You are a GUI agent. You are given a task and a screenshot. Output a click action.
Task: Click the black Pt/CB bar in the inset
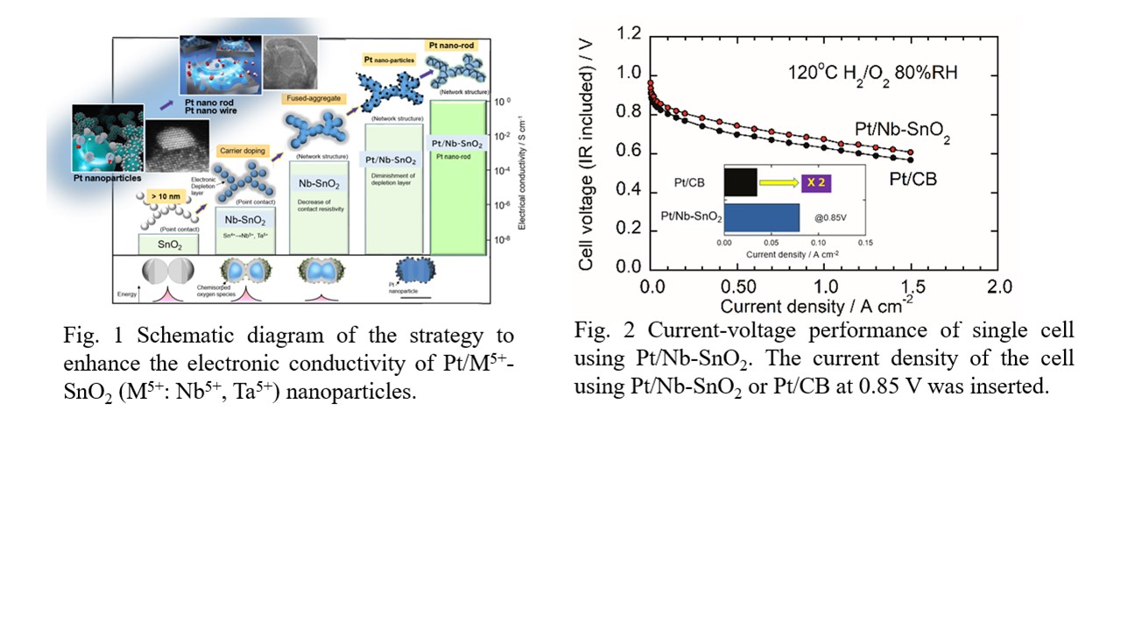pyautogui.click(x=741, y=182)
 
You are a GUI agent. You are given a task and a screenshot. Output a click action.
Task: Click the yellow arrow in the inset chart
pyautogui.click(x=779, y=182)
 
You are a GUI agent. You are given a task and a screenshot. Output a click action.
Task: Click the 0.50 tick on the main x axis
pyautogui.click(x=737, y=287)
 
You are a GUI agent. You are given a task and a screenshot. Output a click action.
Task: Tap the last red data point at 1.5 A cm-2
pyautogui.click(x=911, y=152)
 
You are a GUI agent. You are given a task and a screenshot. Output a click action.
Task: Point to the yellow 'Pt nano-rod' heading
pyautogui.click(x=452, y=45)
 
